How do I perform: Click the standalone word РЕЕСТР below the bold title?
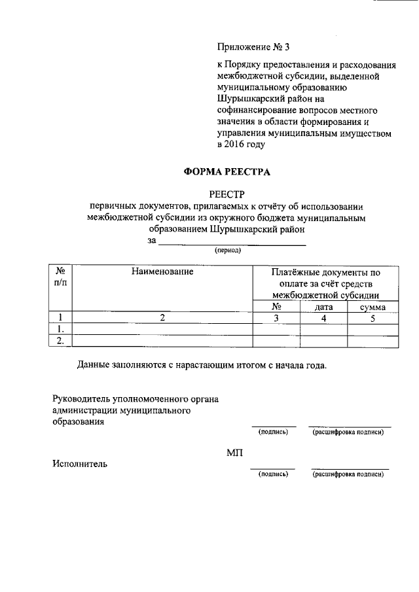coord(225,194)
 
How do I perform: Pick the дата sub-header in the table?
coord(324,307)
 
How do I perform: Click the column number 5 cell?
coord(373,318)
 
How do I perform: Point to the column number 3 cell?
coord(276,318)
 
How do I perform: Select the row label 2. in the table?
coord(60,340)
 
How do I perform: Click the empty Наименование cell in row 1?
coord(162,329)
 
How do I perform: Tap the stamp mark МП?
coord(234,453)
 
